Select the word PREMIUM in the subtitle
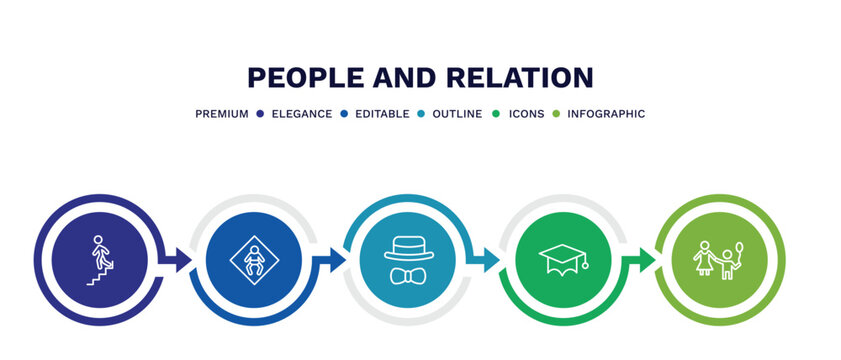222,114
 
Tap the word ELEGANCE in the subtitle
302,114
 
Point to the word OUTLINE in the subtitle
458,114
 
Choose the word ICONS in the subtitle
526,114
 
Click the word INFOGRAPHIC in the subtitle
606,114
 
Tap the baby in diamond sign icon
254,261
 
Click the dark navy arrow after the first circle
181,261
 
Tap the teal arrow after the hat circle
489,261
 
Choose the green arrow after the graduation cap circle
644,261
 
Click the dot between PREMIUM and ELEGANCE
259,114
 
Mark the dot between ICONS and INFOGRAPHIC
556,114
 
